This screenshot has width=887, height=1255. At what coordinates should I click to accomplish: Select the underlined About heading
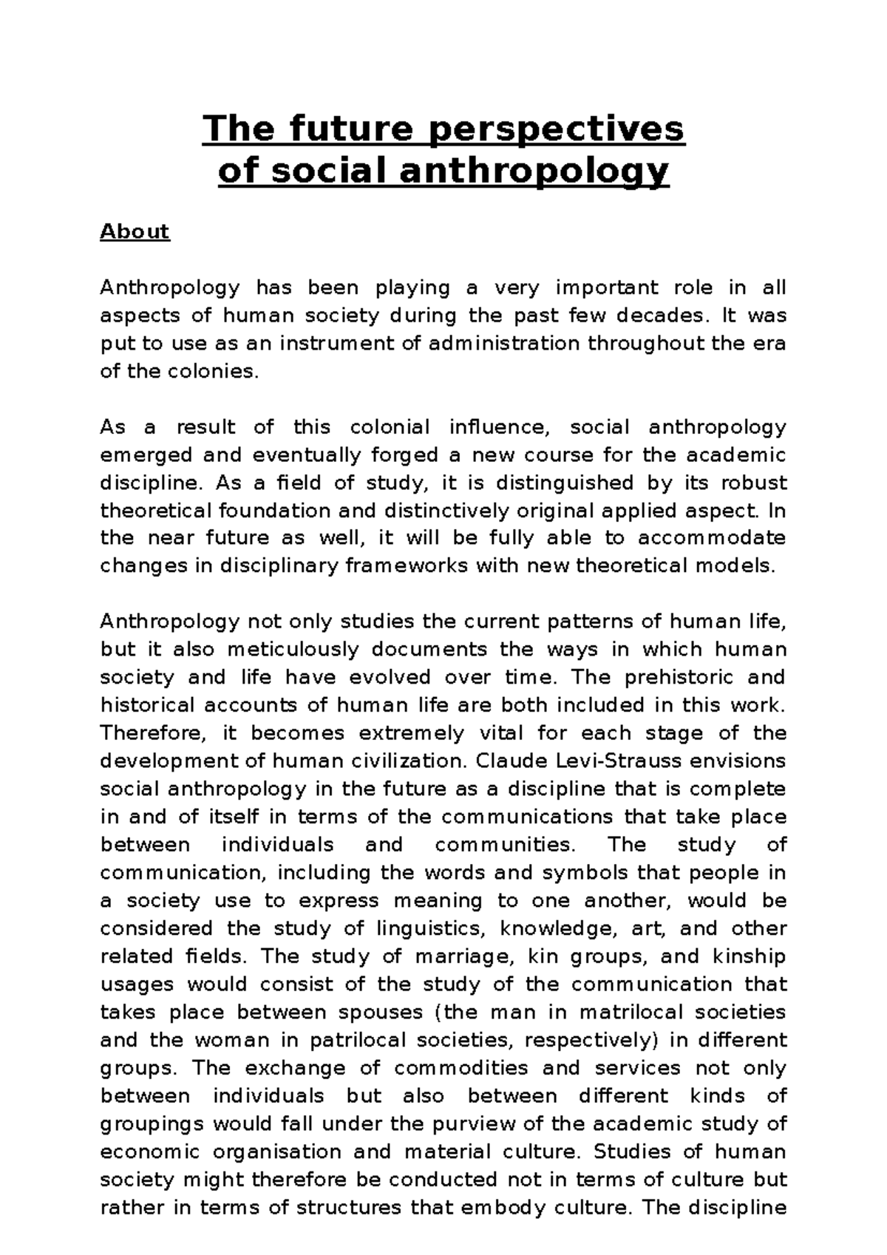pos(135,232)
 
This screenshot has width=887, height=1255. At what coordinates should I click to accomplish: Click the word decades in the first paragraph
pos(661,316)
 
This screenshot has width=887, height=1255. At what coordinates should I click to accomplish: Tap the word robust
pos(753,483)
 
